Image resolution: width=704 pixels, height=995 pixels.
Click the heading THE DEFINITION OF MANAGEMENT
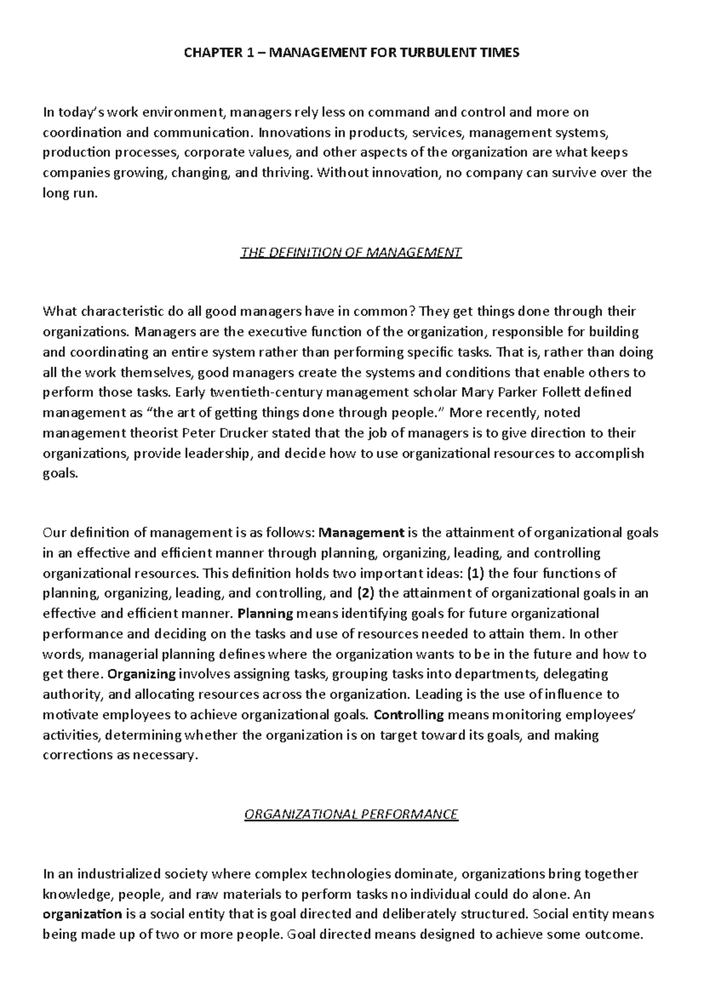click(x=351, y=253)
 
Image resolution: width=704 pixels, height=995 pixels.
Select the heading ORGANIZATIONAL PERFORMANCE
click(x=351, y=814)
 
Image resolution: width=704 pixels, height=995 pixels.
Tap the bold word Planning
click(x=266, y=614)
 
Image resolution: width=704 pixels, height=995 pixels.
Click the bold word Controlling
click(x=409, y=715)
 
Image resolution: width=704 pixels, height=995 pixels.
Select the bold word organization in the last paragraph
click(x=82, y=914)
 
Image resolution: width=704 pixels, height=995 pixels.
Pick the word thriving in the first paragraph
click(x=286, y=172)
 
